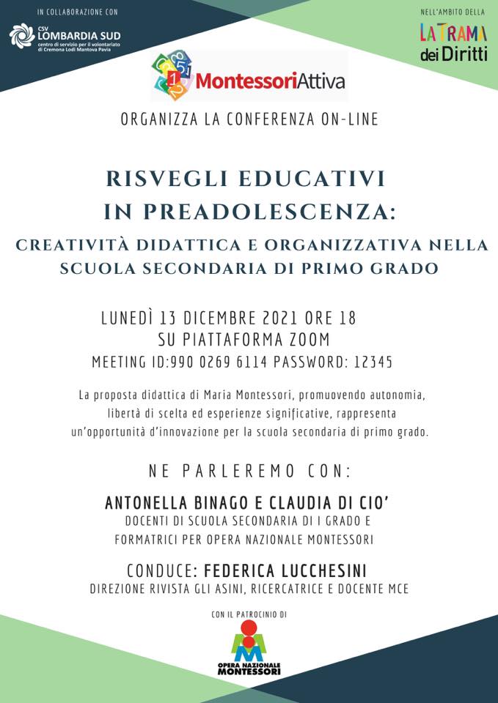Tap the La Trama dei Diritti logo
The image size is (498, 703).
click(453, 42)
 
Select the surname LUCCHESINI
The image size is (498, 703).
click(321, 570)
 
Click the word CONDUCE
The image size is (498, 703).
click(161, 570)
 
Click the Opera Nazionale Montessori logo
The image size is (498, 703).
click(249, 649)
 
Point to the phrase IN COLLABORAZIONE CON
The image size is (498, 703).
click(77, 12)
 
